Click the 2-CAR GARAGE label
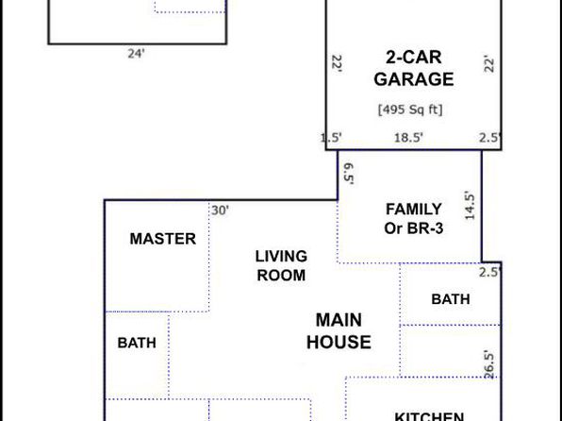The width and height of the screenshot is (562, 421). (414, 68)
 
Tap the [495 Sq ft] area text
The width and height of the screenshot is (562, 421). (410, 109)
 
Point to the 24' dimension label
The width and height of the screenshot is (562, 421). (136, 54)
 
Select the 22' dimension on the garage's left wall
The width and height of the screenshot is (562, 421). (337, 63)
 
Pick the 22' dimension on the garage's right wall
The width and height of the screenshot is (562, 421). (489, 64)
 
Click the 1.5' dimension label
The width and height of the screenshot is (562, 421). (331, 138)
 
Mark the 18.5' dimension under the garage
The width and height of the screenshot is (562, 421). (408, 138)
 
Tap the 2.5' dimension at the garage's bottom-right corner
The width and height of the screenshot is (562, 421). (490, 138)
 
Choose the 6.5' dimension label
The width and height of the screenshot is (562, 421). (349, 174)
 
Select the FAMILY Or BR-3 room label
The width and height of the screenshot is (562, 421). (414, 219)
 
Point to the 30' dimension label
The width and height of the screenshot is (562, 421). (220, 210)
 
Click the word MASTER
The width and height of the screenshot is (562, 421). (163, 239)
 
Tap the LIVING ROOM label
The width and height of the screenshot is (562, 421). (281, 266)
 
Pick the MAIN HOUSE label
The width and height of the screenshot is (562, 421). (339, 331)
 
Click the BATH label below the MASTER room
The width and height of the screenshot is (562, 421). (137, 343)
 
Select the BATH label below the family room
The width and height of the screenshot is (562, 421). (451, 299)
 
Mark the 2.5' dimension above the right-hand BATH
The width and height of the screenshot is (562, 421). (490, 273)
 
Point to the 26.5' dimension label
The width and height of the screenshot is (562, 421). (489, 364)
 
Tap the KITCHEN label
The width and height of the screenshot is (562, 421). (429, 416)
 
